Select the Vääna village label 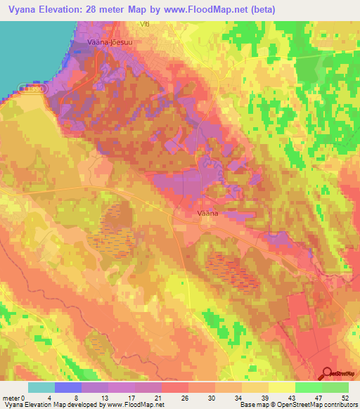tap(205, 212)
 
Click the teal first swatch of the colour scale tap(41, 387)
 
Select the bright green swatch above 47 tap(308, 387)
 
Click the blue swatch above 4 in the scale tap(68, 387)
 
